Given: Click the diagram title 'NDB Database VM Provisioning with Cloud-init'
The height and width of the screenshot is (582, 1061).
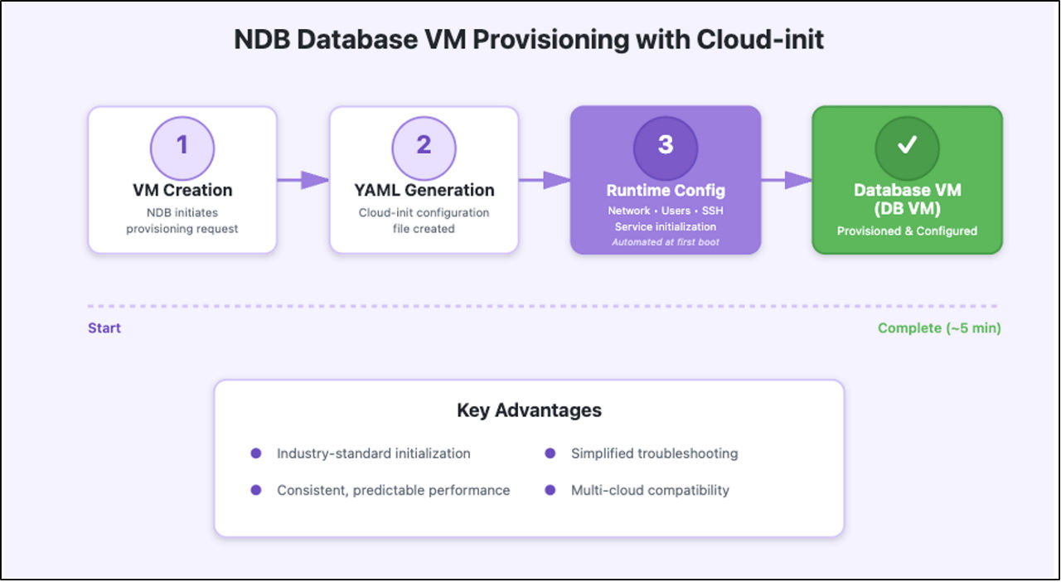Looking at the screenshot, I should coord(529,39).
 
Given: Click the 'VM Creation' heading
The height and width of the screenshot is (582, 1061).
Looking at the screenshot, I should coord(182,190).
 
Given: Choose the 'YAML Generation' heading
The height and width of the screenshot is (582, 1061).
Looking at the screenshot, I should coord(424,190).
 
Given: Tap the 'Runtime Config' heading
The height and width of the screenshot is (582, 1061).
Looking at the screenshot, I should coord(665,190).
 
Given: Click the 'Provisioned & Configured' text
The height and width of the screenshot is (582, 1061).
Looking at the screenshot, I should coord(907,230).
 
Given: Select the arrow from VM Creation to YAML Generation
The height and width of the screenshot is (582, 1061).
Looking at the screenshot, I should coord(303,180).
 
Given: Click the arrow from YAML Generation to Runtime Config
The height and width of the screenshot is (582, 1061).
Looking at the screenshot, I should coord(544,180).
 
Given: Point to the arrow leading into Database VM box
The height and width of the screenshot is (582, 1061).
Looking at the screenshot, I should coord(786,180).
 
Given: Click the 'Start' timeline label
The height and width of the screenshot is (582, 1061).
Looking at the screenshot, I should coord(104,328).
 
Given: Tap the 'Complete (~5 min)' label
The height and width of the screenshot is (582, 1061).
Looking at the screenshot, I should coord(939,328).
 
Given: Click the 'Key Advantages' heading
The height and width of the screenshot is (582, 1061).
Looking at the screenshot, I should coord(529,410).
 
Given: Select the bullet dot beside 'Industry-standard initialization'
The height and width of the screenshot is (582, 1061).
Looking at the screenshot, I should coord(256,453).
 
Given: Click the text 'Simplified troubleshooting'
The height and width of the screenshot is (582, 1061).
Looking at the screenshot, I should coord(654,453).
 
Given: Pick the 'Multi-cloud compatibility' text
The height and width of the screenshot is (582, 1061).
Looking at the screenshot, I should coord(650,490).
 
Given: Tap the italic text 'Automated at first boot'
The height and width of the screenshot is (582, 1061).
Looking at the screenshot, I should coord(665,242).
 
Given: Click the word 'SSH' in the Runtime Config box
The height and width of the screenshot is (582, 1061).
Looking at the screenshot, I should coord(712,211).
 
